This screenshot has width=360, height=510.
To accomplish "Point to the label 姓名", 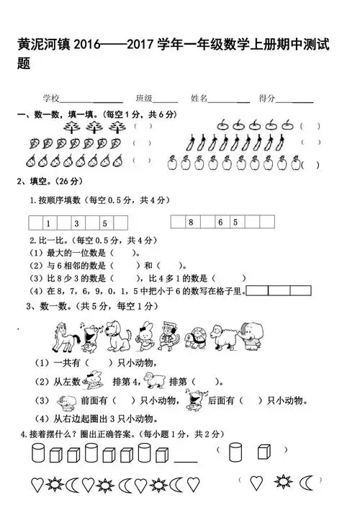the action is coord(199,97).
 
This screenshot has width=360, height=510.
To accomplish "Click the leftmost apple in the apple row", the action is coord(172,163).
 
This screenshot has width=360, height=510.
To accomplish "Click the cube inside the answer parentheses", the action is coord(261,452).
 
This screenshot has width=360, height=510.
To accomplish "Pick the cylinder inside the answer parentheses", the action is coord(234,452).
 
